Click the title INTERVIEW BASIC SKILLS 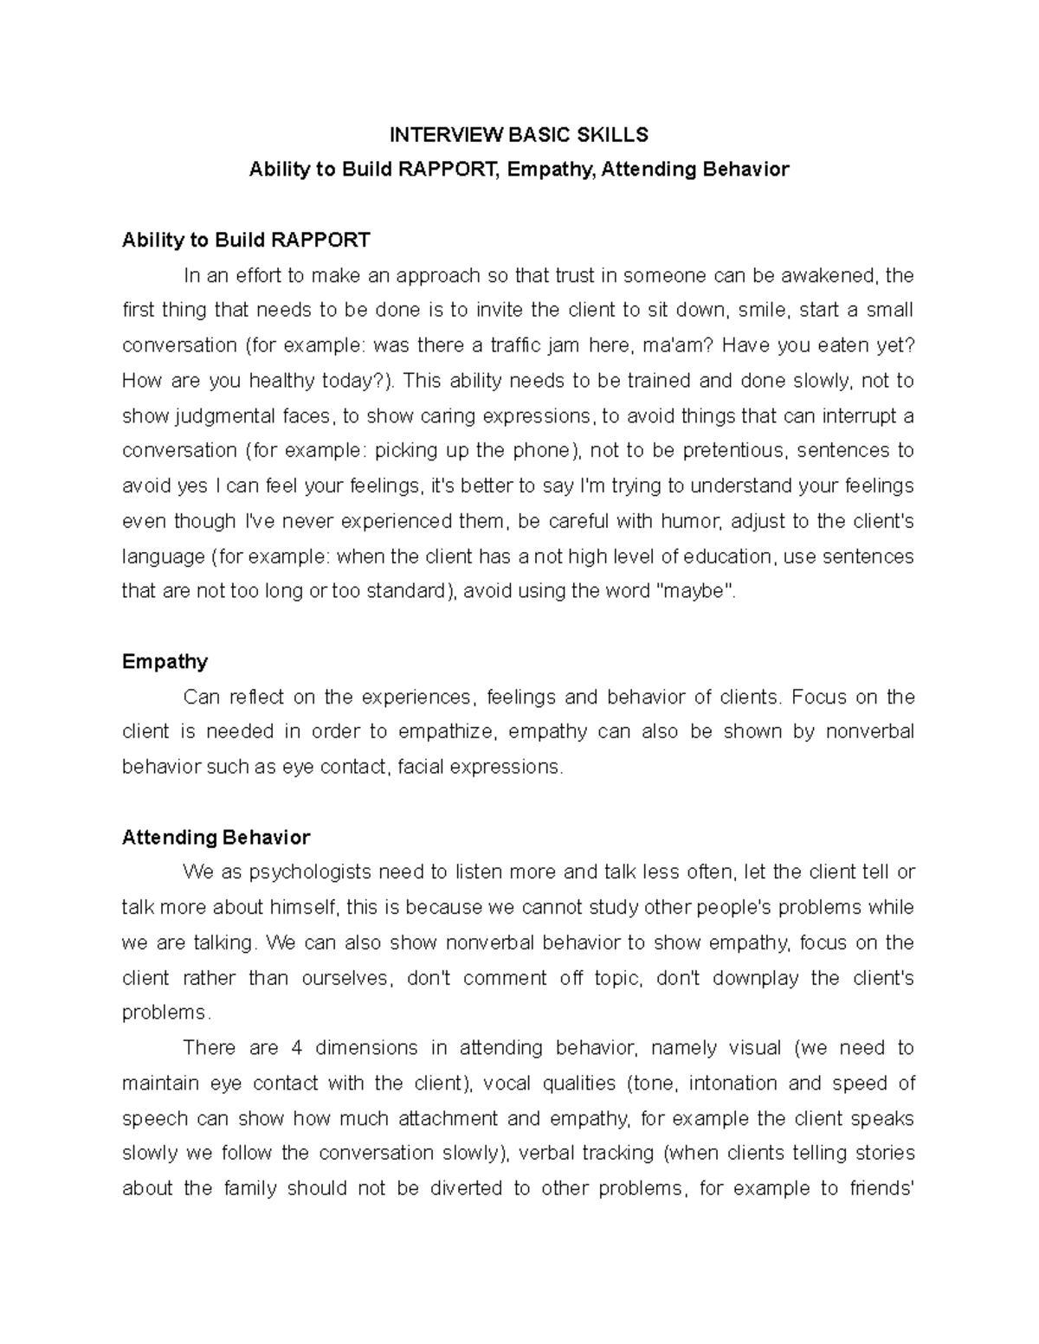click(519, 134)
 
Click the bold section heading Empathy click(165, 661)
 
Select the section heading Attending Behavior click(216, 837)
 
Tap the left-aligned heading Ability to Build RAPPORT click(246, 240)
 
